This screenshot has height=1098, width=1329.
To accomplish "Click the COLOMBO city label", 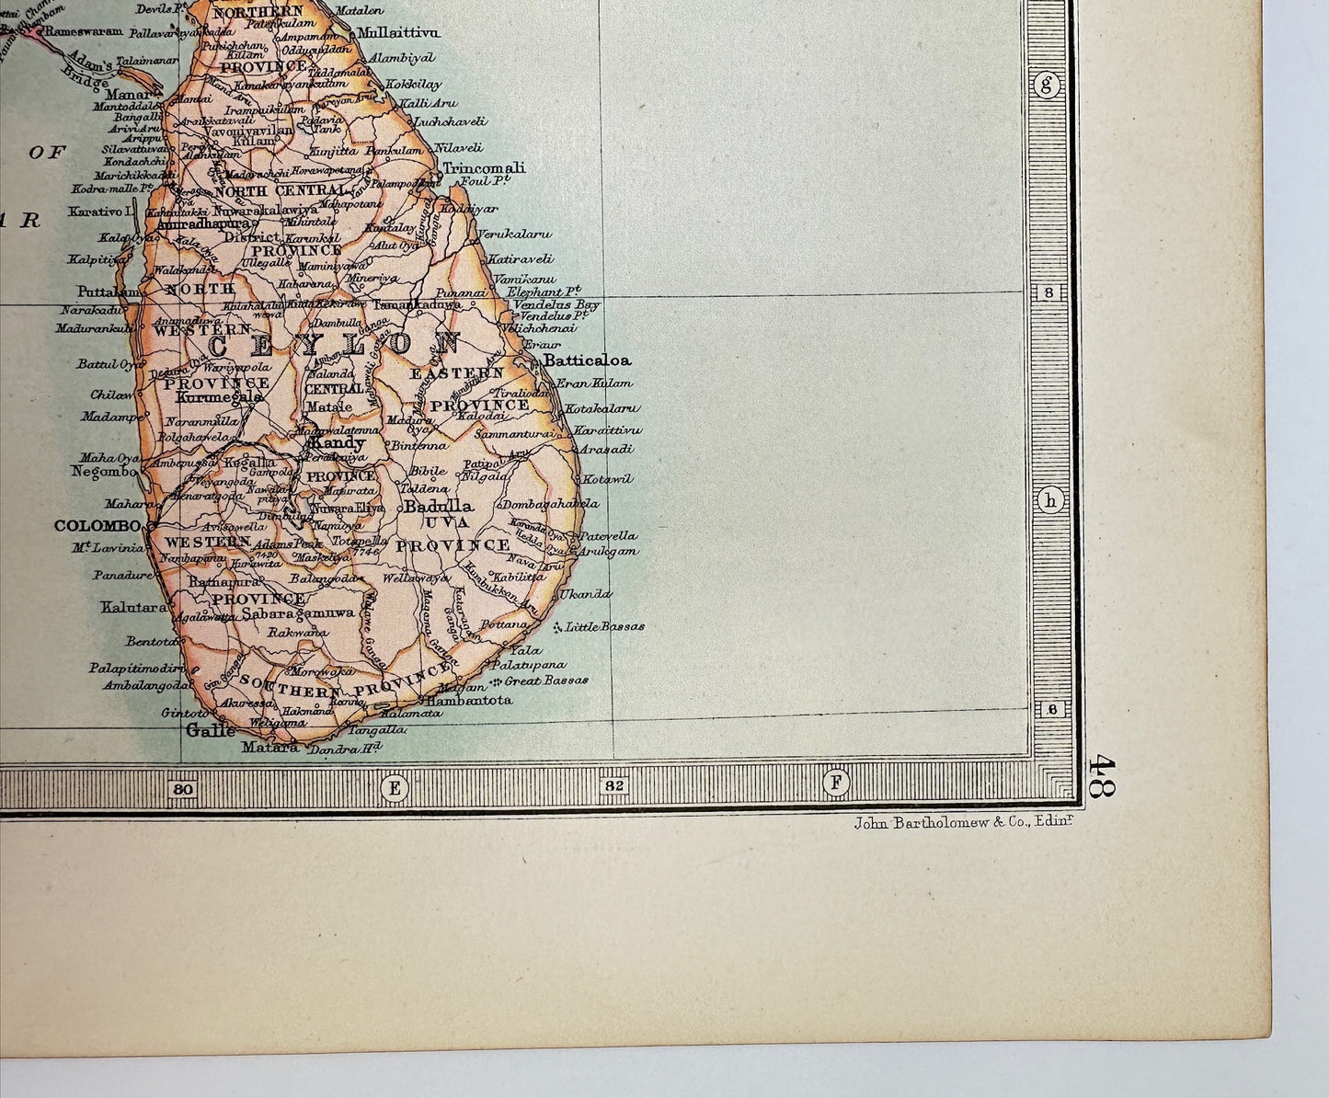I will point(97,526).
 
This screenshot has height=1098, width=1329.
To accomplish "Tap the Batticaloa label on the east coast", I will point(587,360).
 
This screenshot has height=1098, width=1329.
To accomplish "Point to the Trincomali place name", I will point(484,168).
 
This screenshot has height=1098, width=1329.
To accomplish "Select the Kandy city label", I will point(338,443).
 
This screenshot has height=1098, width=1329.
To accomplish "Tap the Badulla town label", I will point(439,506).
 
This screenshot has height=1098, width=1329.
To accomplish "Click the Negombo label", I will point(103,472).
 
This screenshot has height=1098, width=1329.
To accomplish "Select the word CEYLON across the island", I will point(334,346).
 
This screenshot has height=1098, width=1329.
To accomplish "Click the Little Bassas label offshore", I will point(603,626).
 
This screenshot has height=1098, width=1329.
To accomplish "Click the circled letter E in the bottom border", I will point(395,786).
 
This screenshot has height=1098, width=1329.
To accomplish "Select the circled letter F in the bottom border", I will point(836,783).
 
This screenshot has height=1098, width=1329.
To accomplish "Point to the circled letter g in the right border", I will point(1047,86).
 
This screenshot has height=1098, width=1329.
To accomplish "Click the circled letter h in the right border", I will point(1049,500).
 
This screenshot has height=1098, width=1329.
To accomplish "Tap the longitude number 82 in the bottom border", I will point(614,786).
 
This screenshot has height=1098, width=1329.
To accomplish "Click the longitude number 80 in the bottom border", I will point(182,788).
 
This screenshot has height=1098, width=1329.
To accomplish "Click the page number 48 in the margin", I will point(1101,776).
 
